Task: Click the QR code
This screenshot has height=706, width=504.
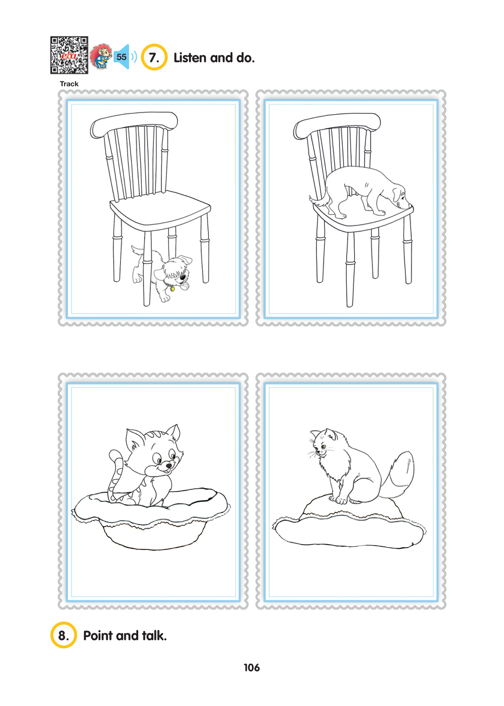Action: pos(69,55)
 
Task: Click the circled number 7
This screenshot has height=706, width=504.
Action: pos(154,57)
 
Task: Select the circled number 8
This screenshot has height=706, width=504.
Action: pos(64,635)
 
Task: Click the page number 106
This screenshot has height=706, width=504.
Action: pos(252,668)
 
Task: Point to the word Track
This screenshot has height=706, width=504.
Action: pos(69,84)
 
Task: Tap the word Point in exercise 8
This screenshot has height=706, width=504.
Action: pos(98,635)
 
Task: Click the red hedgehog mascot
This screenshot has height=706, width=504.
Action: pos(101,56)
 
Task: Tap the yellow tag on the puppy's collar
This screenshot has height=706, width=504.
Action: pos(172,289)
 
